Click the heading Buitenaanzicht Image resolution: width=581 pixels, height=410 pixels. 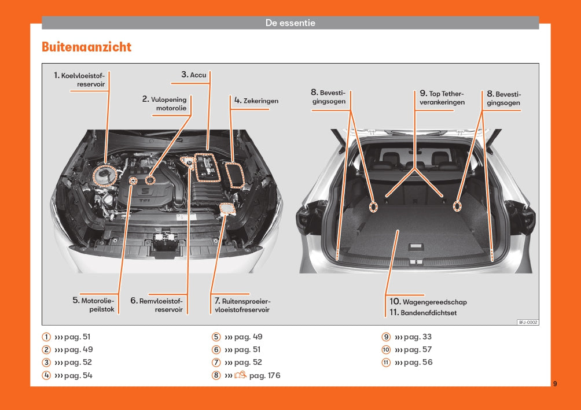coord(87,47)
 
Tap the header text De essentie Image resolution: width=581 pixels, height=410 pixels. coord(290,23)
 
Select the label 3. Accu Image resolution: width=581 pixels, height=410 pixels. coord(194,75)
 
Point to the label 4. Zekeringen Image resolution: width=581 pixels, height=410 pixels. coord(256,101)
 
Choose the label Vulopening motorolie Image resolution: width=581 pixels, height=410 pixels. coord(164,104)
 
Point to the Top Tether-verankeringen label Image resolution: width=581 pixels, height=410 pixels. coord(442,98)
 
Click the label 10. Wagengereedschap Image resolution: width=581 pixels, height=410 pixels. coord(428,302)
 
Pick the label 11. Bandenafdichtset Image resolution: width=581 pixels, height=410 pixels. coord(422,313)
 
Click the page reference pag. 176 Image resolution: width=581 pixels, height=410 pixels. coord(264,375)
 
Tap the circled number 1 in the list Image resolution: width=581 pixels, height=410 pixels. coord(46,337)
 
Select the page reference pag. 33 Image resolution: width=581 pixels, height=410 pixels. coord(418,337)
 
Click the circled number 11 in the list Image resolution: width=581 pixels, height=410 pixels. coord(386,363)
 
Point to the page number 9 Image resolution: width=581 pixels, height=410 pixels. coord(554,383)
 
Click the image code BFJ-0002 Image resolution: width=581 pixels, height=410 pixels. coord(527,322)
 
